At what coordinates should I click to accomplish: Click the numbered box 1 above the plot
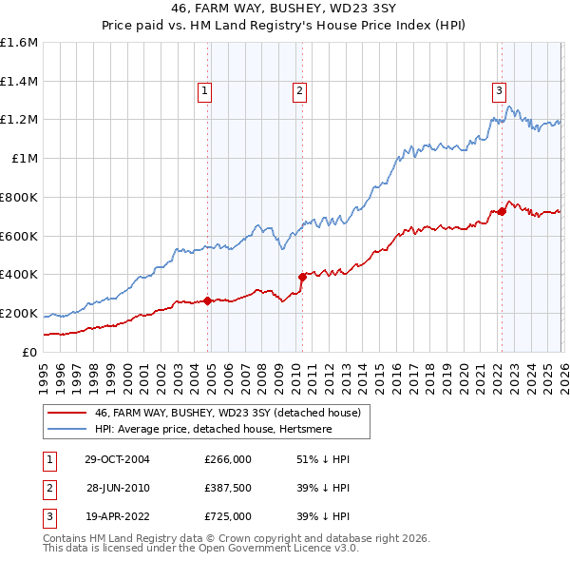pos(204,91)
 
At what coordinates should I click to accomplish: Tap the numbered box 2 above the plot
pos(299,91)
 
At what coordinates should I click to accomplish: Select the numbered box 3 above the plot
pos(499,91)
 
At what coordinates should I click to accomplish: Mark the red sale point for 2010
pos(303,277)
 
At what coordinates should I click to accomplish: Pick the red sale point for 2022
pos(502,211)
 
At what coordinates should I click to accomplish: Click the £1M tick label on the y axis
pos(23,159)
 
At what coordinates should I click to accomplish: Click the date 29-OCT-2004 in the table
pos(116,458)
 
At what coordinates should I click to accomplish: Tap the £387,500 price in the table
pos(228,488)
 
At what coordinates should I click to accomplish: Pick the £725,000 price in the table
pos(228,516)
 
